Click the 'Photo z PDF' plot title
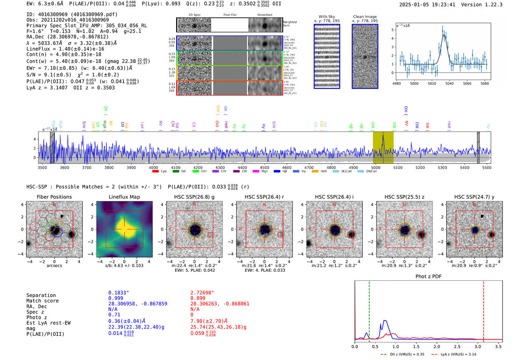(x=428, y=277)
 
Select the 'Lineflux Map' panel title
(x=124, y=197)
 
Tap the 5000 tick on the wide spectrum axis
(x=376, y=167)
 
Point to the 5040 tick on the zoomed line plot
(x=449, y=83)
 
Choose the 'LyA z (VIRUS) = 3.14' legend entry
(x=458, y=354)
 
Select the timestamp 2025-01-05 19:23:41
(x=427, y=5)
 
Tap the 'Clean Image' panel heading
(x=365, y=17)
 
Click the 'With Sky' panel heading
(x=327, y=17)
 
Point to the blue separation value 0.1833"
(x=119, y=293)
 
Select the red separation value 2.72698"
(x=202, y=293)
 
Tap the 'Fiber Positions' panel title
(x=54, y=197)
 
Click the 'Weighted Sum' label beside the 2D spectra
(x=290, y=23)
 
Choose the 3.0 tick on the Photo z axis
(x=478, y=346)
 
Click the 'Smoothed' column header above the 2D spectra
(x=265, y=15)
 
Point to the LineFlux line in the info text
(x=65, y=49)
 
